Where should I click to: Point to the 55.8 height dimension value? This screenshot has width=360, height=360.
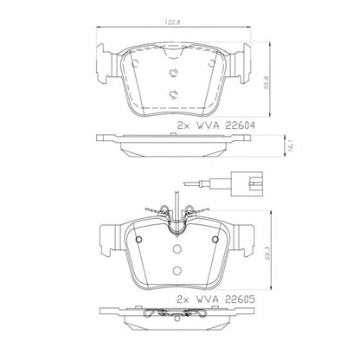(267, 82)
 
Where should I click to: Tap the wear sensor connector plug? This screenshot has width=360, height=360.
(247, 183)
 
